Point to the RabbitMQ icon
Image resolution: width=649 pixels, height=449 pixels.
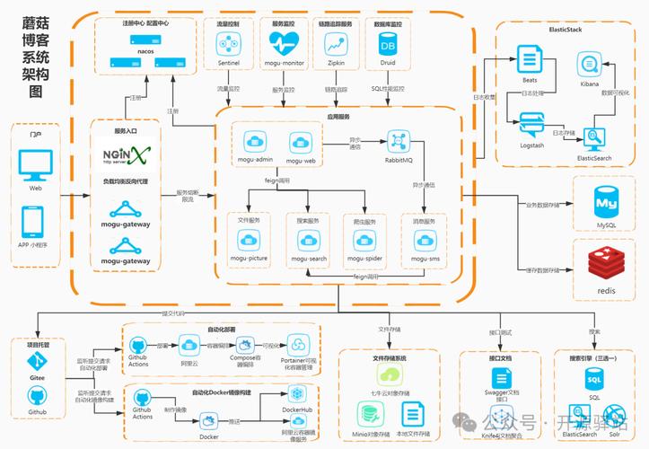tap(399, 141)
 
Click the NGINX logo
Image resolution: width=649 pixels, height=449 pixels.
tap(125, 155)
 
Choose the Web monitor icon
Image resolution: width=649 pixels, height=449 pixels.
tap(35, 164)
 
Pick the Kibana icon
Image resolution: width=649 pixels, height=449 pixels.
tap(589, 65)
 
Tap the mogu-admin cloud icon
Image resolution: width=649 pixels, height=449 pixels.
tap(251, 142)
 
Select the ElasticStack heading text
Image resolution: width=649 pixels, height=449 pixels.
tap(566, 30)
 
